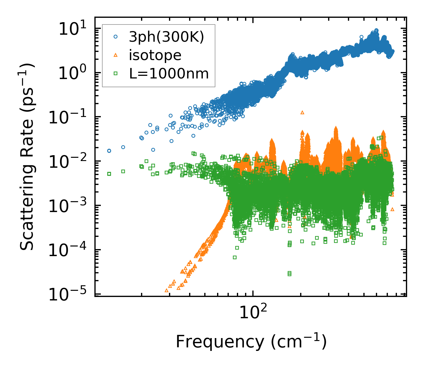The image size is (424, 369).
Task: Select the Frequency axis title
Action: point(251,342)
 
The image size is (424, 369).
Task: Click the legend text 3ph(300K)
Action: point(166,37)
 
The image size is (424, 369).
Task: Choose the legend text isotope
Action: point(155,55)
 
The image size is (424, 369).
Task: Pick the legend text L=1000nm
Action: point(169,74)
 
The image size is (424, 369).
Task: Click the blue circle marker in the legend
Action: point(116,37)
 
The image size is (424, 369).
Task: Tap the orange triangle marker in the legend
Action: point(116,55)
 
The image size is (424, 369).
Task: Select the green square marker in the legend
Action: point(116,73)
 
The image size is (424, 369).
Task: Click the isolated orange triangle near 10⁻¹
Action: point(302,112)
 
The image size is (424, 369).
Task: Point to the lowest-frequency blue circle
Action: point(109,151)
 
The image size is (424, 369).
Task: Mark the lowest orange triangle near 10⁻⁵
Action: point(167,290)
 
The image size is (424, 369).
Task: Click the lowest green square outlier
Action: point(289,274)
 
